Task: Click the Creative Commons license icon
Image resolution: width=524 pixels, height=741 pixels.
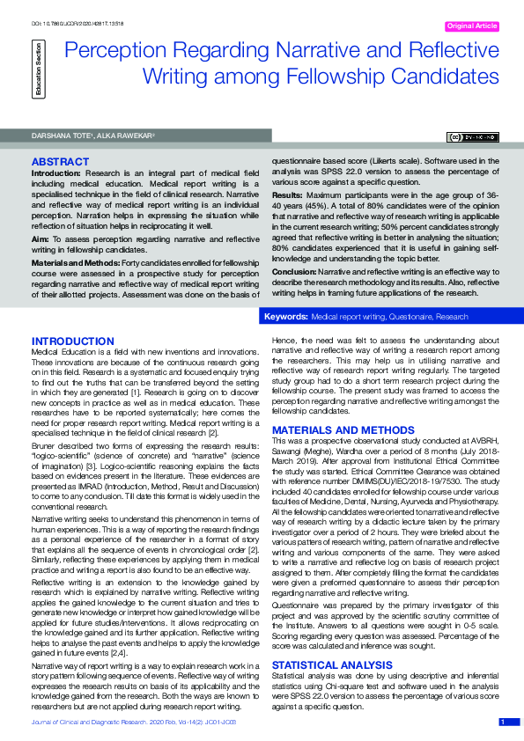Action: (474, 137)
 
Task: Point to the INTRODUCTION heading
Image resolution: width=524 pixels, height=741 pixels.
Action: (72, 341)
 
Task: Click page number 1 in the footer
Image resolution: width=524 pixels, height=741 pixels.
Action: (502, 722)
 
